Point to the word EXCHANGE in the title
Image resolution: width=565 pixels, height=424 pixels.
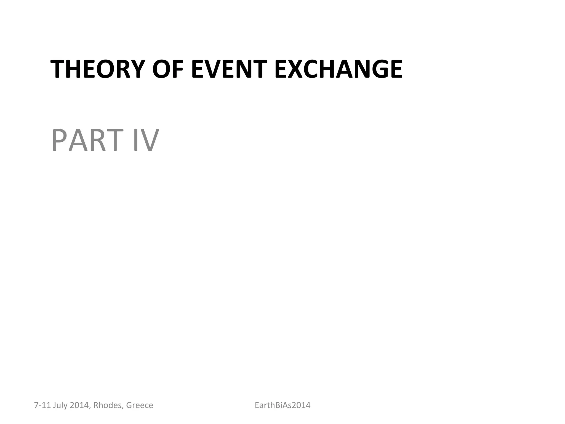click(x=338, y=69)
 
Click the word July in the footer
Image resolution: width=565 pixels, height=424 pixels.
click(x=60, y=405)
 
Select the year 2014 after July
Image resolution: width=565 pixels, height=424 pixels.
click(x=79, y=405)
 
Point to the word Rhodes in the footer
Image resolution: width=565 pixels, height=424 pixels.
click(x=108, y=405)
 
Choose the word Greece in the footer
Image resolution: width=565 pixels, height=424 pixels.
click(x=140, y=405)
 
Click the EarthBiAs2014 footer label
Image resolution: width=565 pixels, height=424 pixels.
click(x=282, y=405)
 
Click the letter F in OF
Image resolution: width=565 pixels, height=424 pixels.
click(x=177, y=69)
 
